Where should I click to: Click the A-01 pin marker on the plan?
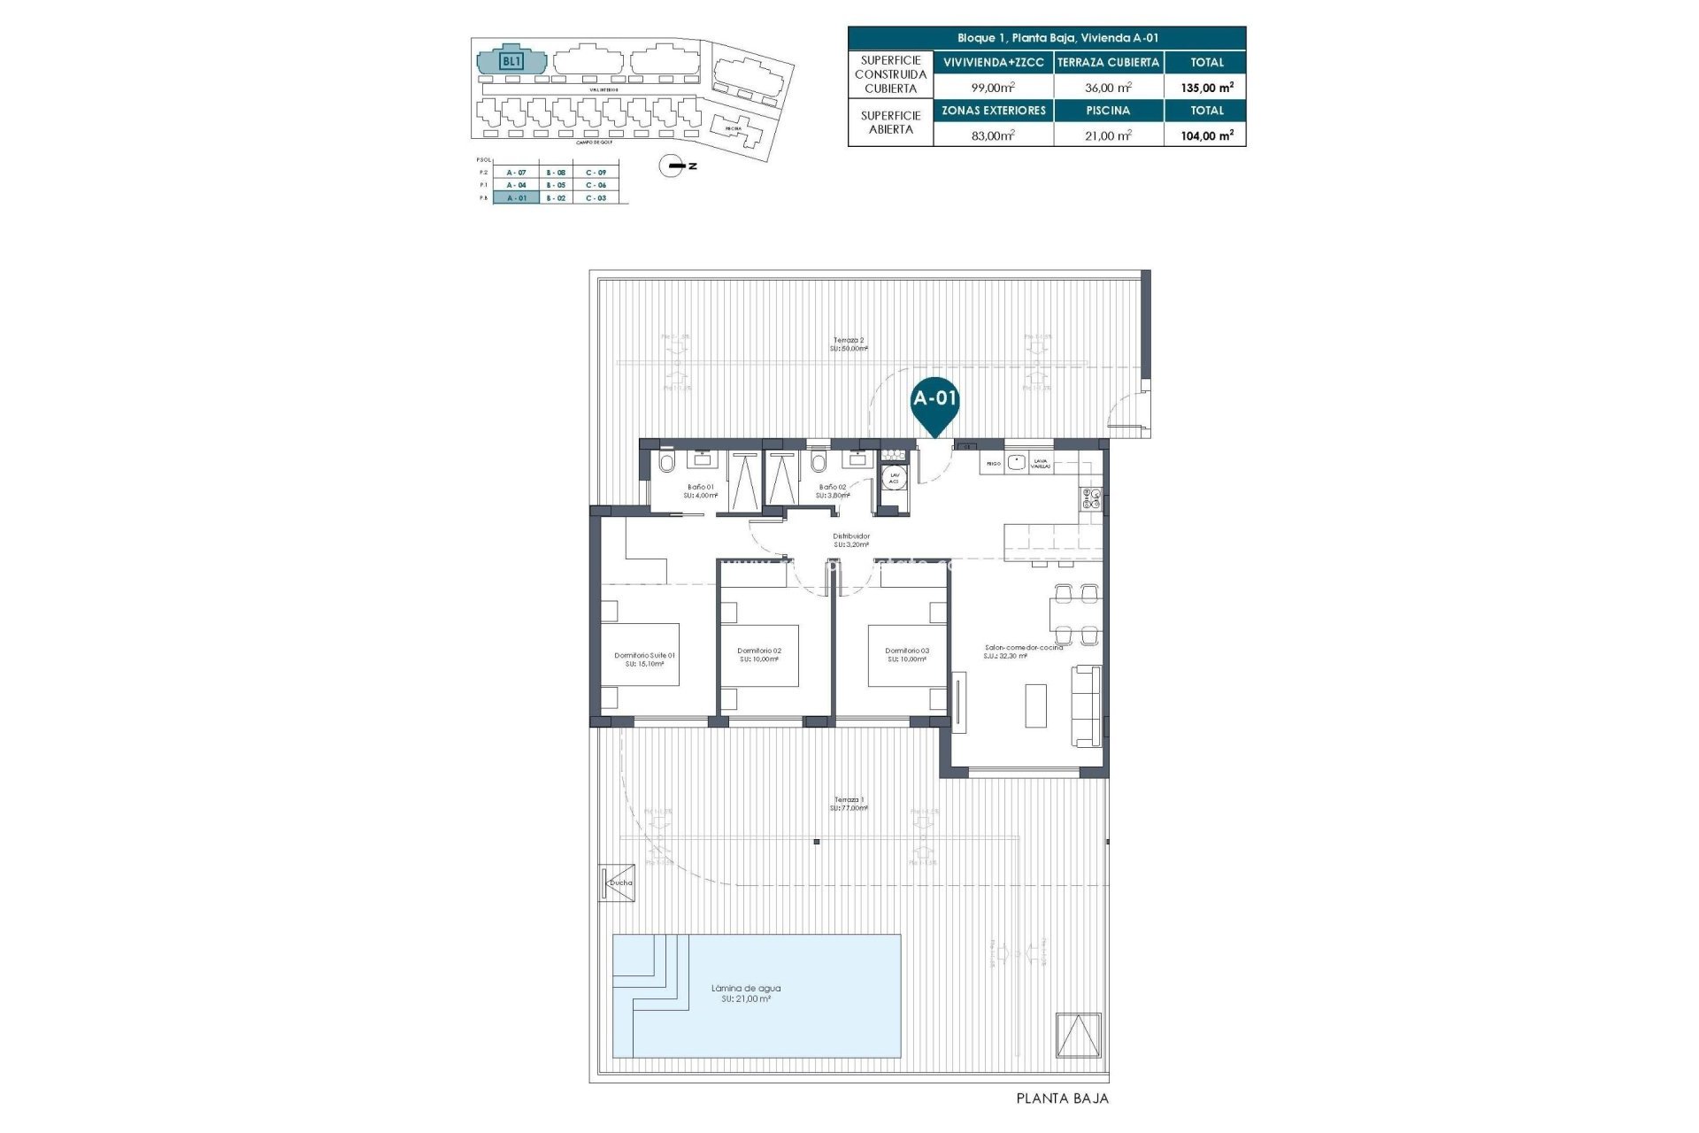(x=934, y=400)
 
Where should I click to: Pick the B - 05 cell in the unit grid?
(x=556, y=185)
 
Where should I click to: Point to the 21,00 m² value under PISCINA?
(x=1108, y=135)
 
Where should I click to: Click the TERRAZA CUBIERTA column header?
(x=1108, y=63)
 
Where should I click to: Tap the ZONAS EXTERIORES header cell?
(x=993, y=111)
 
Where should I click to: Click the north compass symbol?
(x=674, y=166)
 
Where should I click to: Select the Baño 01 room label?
(x=701, y=487)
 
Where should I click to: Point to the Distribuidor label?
(x=850, y=536)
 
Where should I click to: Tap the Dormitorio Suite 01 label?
(x=644, y=656)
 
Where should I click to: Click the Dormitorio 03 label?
(x=906, y=651)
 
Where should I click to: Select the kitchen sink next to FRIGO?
(x=1016, y=462)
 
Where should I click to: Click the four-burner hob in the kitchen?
(x=1089, y=499)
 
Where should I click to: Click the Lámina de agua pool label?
(x=747, y=989)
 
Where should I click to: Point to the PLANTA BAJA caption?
(x=1061, y=1098)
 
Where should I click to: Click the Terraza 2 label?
(x=849, y=340)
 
